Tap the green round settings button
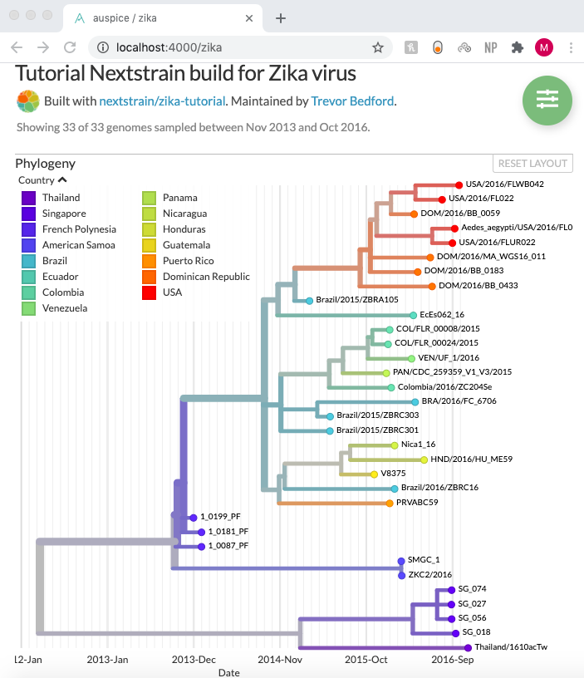547,99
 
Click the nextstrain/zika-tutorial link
162,101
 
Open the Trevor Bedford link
352,101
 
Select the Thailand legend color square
28,198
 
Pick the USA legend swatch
150,292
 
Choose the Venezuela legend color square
28,308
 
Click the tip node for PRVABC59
389,503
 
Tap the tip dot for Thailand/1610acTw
468,647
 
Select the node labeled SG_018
455,632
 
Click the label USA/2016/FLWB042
504,184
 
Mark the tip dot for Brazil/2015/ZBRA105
309,300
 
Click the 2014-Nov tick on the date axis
280,660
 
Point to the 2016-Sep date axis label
453,660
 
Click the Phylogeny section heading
45,164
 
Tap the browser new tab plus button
281,18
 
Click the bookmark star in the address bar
378,47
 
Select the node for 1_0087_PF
201,546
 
